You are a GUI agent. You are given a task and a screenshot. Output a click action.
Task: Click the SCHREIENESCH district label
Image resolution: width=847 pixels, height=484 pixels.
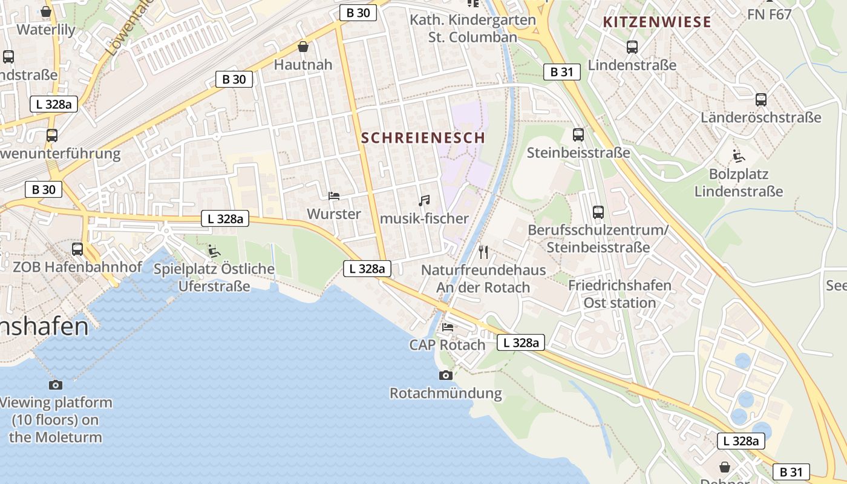tap(423, 137)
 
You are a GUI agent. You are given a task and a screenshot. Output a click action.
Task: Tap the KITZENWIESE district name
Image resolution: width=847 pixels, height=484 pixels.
tap(657, 22)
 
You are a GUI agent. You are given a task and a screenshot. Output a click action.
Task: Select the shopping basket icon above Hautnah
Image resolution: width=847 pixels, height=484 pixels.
tap(303, 47)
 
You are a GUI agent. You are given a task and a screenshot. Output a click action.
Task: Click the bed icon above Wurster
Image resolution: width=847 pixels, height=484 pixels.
tap(333, 195)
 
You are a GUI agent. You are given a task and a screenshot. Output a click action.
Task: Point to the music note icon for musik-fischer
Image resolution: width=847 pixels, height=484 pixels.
tap(424, 200)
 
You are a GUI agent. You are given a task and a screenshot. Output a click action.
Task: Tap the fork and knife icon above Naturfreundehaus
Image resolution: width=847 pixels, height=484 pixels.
tap(483, 252)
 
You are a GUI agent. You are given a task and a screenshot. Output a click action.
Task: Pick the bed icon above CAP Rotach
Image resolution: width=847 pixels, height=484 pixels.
tap(448, 327)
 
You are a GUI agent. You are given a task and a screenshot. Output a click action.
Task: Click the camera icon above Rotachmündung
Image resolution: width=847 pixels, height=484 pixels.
tap(446, 375)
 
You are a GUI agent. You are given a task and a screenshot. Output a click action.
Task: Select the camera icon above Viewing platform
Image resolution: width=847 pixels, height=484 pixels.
tap(55, 385)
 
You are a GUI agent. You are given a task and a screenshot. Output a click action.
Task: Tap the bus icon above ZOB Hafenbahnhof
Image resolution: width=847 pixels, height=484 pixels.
tap(77, 249)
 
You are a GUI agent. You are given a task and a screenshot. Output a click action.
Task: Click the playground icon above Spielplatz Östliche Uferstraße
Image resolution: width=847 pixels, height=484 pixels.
tap(214, 250)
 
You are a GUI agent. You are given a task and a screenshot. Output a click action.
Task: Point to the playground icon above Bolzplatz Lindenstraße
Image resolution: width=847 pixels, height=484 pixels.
tap(739, 156)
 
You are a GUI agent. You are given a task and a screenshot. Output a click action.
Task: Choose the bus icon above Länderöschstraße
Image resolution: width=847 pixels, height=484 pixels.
tap(761, 99)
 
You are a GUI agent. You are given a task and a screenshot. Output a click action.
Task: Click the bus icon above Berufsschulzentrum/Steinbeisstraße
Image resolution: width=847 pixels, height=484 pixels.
tap(598, 212)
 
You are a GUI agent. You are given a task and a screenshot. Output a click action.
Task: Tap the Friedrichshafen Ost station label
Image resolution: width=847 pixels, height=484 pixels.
tap(620, 293)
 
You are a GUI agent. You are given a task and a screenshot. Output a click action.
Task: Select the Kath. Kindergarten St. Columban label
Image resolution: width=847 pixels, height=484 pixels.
tap(473, 28)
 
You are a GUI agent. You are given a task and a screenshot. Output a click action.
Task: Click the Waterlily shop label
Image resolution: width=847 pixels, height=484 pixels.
tap(46, 30)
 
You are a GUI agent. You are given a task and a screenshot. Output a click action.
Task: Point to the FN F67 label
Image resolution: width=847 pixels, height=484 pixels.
tap(769, 14)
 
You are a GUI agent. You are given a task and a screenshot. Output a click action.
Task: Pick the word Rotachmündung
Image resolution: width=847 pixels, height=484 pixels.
tap(446, 393)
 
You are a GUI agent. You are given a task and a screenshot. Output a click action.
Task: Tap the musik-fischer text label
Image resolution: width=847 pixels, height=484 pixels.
tap(425, 218)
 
